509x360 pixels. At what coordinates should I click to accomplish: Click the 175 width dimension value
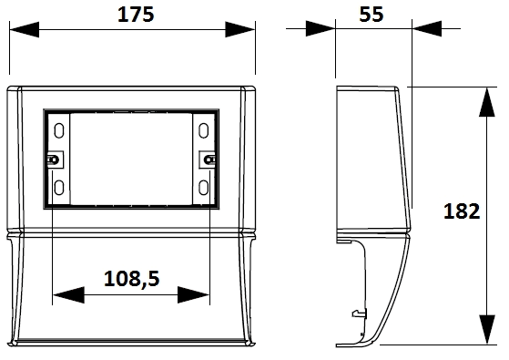(136, 15)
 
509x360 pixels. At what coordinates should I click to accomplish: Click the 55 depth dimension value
(372, 15)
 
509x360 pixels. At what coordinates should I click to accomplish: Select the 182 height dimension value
(462, 211)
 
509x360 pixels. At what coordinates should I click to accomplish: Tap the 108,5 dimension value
(132, 279)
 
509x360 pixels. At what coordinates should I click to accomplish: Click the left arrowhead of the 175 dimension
(25, 29)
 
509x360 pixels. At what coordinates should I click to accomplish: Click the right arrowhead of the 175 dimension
(240, 29)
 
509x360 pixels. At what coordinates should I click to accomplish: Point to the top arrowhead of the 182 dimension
(487, 102)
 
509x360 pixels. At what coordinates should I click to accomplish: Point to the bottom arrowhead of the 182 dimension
(487, 329)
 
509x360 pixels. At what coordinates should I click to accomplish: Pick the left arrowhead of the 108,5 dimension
(68, 295)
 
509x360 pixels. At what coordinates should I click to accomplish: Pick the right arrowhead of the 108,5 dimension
(193, 295)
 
